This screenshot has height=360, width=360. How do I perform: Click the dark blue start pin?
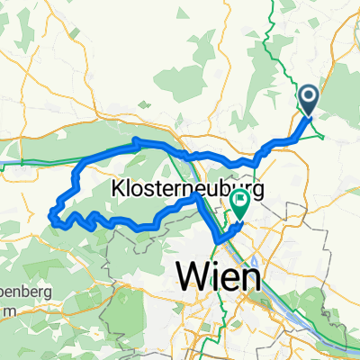point(308,98)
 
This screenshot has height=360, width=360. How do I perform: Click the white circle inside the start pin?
point(308,95)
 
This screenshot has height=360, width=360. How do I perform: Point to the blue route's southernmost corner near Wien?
point(217,239)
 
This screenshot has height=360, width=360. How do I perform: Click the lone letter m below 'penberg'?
point(9,285)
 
